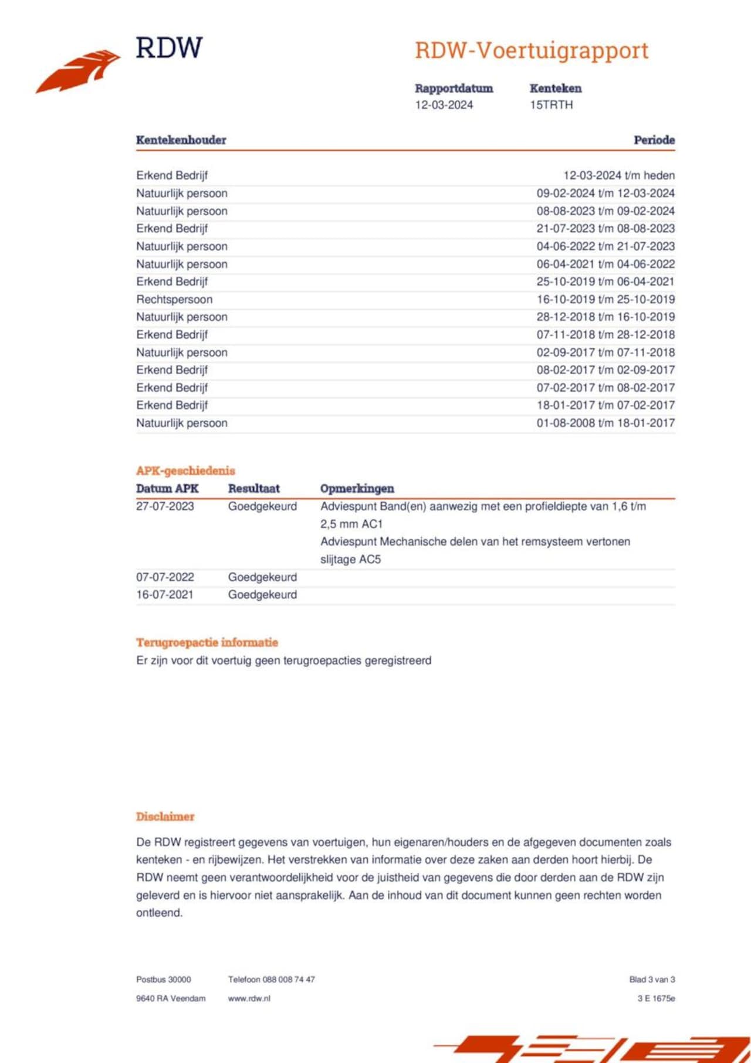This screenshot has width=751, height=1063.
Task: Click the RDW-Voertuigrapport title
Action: pos(531,50)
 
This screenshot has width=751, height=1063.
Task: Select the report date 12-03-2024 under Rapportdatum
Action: pos(444,105)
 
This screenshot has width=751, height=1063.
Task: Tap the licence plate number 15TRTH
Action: pos(551,105)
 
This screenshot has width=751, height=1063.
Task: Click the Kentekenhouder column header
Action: pos(181,140)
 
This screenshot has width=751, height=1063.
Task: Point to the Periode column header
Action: pos(654,140)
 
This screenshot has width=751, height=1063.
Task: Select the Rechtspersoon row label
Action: pos(174,299)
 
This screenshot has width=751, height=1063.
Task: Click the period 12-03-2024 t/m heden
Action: pos(618,175)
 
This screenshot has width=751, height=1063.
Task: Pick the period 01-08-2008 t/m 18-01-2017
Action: pos(605,423)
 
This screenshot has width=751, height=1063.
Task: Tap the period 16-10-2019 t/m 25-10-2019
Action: pos(605,299)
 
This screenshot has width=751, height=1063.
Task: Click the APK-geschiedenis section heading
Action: pos(185,470)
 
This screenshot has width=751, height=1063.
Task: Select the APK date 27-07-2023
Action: pos(165,506)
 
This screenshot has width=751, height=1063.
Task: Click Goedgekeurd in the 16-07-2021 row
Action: pos(262,595)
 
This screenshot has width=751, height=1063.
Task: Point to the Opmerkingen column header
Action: pos(357,489)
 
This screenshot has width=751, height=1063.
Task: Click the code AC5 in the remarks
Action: pos(370,560)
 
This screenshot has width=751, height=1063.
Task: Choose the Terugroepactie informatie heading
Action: pos(207,642)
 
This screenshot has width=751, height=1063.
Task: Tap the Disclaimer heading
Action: pos(165,817)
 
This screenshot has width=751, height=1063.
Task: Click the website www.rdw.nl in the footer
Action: pos(249,998)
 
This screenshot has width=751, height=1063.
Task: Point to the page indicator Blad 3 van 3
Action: pos(652,980)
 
